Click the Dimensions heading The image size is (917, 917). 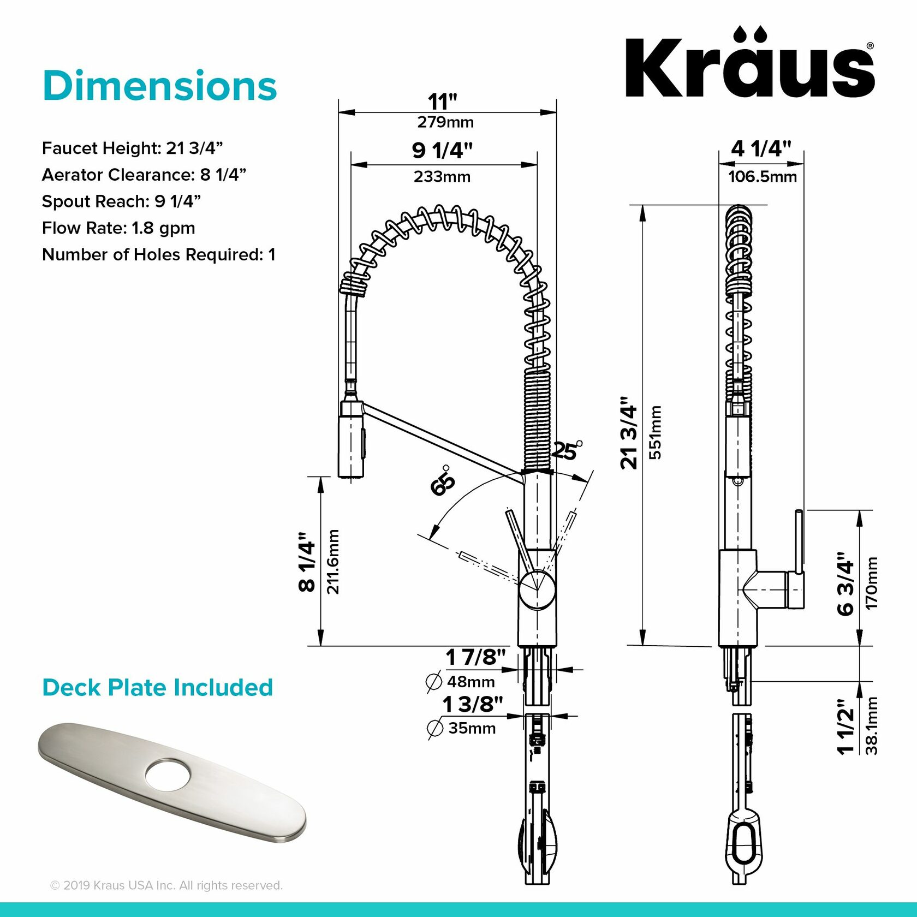159,86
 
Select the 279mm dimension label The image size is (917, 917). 445,122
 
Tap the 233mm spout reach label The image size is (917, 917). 442,177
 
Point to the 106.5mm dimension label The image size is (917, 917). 762,177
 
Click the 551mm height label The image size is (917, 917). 656,432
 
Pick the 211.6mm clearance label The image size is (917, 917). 333,561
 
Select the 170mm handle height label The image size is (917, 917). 872,583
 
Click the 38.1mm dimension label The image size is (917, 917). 872,725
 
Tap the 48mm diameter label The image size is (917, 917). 471,682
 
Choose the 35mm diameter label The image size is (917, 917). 472,728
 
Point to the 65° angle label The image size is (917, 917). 442,483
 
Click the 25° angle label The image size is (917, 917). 566,451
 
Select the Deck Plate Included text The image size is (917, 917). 157,688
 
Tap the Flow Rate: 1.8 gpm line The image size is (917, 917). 118,228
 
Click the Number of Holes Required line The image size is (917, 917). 158,255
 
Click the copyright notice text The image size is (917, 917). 166,885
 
